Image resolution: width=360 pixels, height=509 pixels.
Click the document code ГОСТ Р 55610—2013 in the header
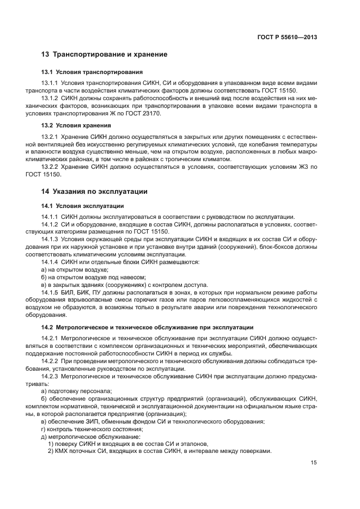(x=286, y=38)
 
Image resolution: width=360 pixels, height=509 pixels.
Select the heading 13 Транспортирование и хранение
(x=104, y=55)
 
